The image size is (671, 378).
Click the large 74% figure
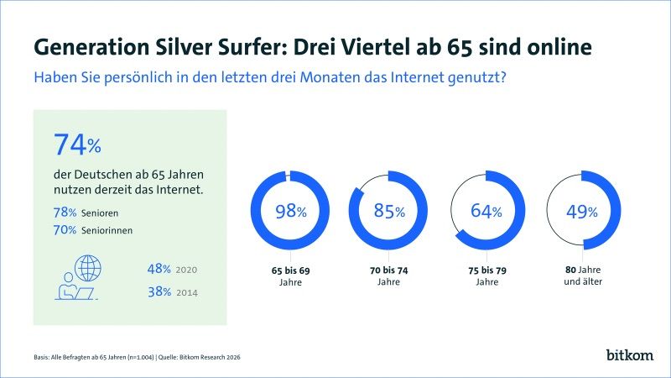(x=77, y=144)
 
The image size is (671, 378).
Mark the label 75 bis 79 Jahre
(x=486, y=277)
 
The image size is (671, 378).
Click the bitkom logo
(x=629, y=354)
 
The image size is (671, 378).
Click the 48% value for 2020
(x=159, y=270)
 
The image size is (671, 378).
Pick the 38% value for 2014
(x=159, y=291)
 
